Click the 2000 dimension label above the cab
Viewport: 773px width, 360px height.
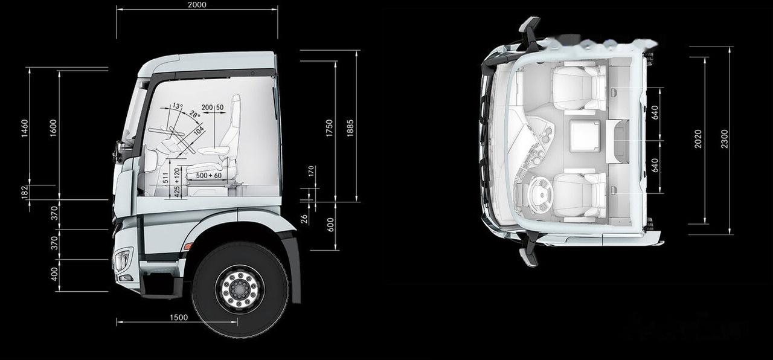[x=197, y=5]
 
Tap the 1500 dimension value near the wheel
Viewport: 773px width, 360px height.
[x=178, y=318]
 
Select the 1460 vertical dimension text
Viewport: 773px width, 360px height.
[x=25, y=129]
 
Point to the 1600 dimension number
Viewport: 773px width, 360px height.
[x=53, y=129]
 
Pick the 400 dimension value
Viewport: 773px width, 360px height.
[x=54, y=274]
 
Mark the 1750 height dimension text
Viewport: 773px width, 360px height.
[x=329, y=129]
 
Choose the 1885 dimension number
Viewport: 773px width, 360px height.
[x=351, y=129]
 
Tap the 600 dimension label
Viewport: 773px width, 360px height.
[x=330, y=225]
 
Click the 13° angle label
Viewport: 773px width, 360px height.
[x=177, y=106]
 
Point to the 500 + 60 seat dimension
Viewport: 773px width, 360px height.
[x=209, y=175]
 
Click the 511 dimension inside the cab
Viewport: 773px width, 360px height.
[x=165, y=178]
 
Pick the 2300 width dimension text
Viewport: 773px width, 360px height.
[x=725, y=139]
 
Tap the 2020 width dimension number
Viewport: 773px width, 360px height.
[x=698, y=139]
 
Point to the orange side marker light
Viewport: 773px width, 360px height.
[x=188, y=246]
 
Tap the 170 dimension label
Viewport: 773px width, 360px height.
[x=312, y=172]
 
